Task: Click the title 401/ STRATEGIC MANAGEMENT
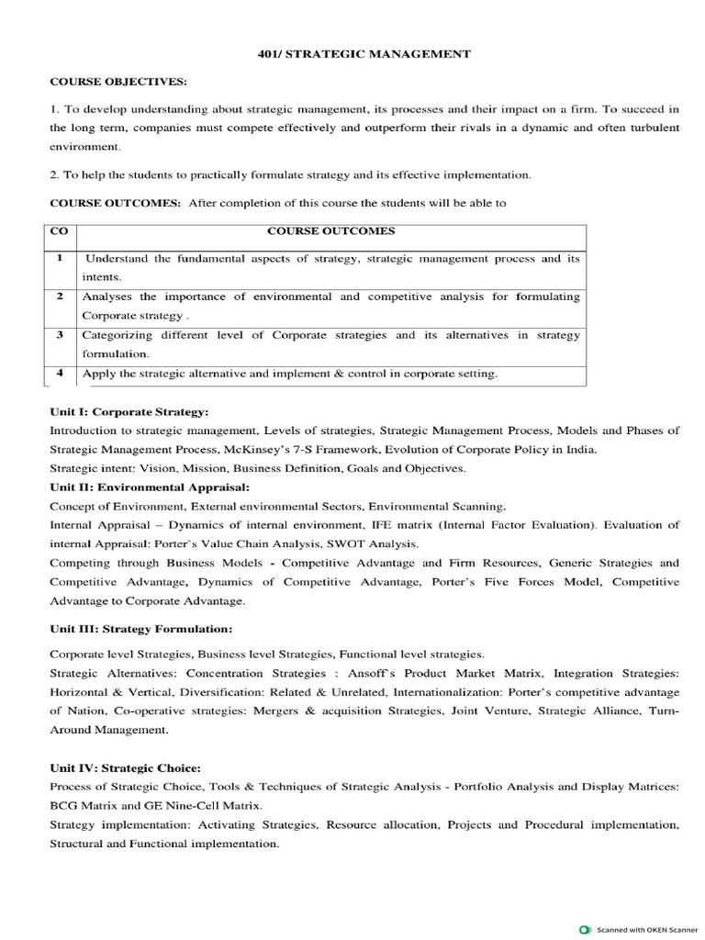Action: [364, 54]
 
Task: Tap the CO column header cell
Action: [58, 232]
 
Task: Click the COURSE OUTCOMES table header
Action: [331, 232]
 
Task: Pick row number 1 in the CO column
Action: [60, 259]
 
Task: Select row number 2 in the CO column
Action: [60, 297]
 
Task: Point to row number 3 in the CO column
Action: [60, 335]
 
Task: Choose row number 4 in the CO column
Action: [60, 373]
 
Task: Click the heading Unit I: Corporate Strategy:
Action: [129, 411]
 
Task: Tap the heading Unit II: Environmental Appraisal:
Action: [150, 487]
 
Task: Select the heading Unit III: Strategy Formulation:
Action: [140, 629]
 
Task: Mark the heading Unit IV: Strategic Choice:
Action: [125, 767]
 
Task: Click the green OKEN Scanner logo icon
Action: [585, 929]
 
